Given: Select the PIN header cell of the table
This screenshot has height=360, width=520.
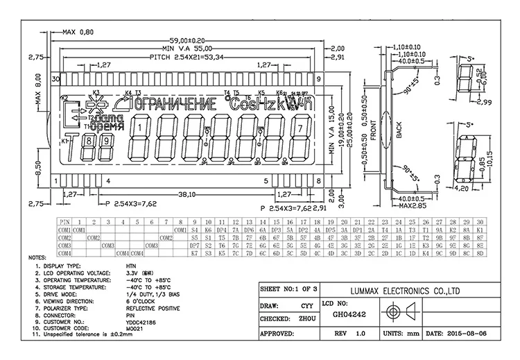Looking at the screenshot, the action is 64,220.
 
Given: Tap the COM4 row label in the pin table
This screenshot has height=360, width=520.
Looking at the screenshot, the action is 64,253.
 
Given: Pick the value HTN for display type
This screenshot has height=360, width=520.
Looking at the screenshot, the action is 131,266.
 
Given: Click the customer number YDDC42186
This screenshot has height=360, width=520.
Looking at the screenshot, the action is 141,322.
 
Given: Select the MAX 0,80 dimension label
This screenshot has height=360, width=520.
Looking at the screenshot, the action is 77,32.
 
